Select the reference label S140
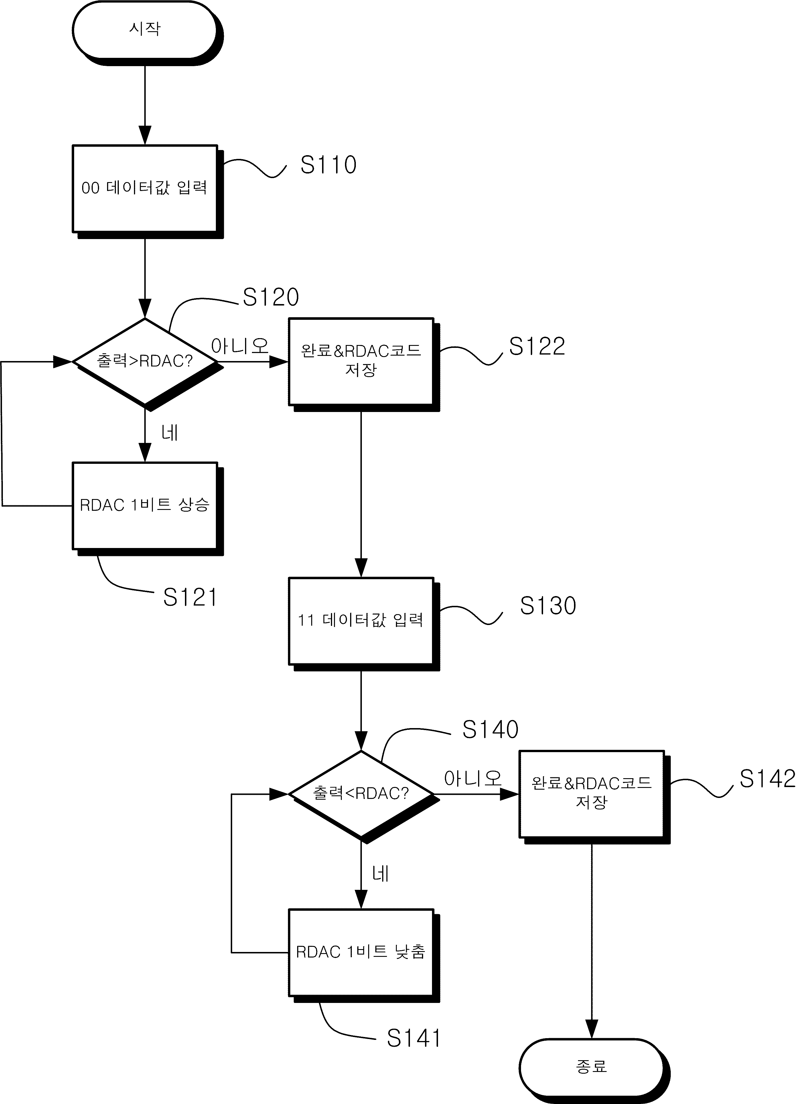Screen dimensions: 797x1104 [x=490, y=729]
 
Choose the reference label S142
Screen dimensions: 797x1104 [x=767, y=779]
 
